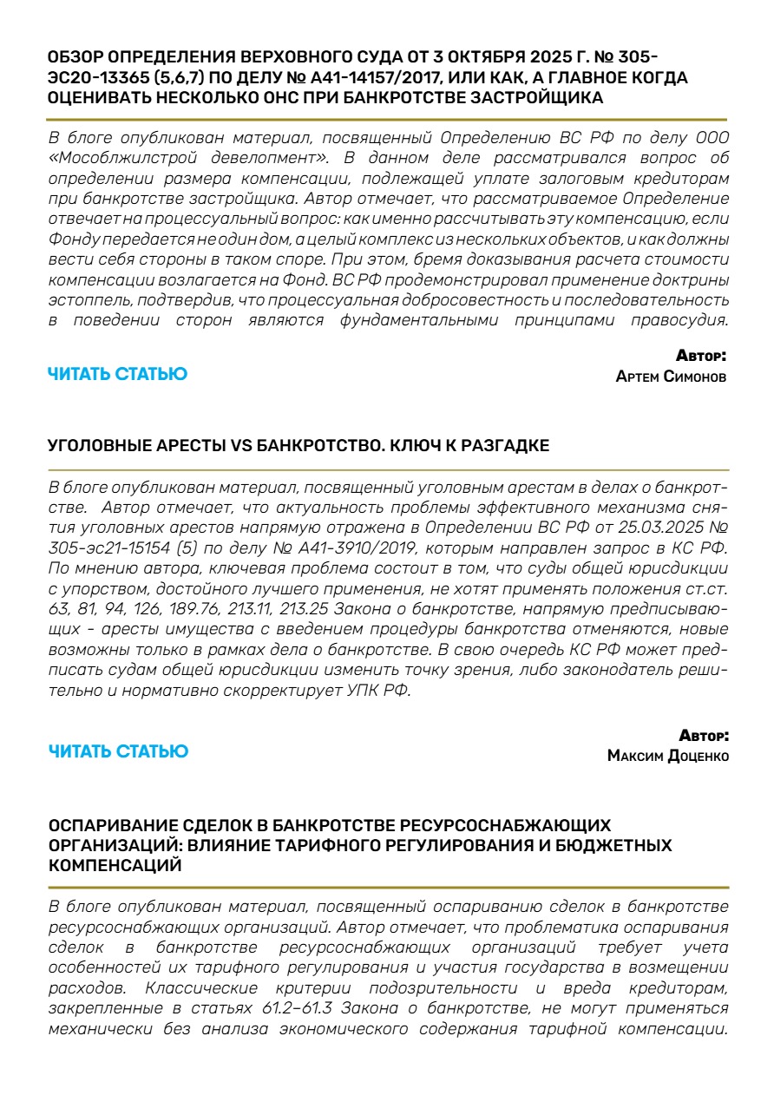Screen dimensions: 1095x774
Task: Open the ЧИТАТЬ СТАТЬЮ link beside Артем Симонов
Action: point(117,374)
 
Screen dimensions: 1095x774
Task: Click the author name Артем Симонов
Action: point(671,377)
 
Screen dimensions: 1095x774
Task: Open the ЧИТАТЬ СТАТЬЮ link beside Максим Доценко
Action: point(117,751)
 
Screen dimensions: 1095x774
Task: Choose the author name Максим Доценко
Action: point(668,756)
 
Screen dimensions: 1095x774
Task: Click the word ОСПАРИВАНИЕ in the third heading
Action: point(111,824)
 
